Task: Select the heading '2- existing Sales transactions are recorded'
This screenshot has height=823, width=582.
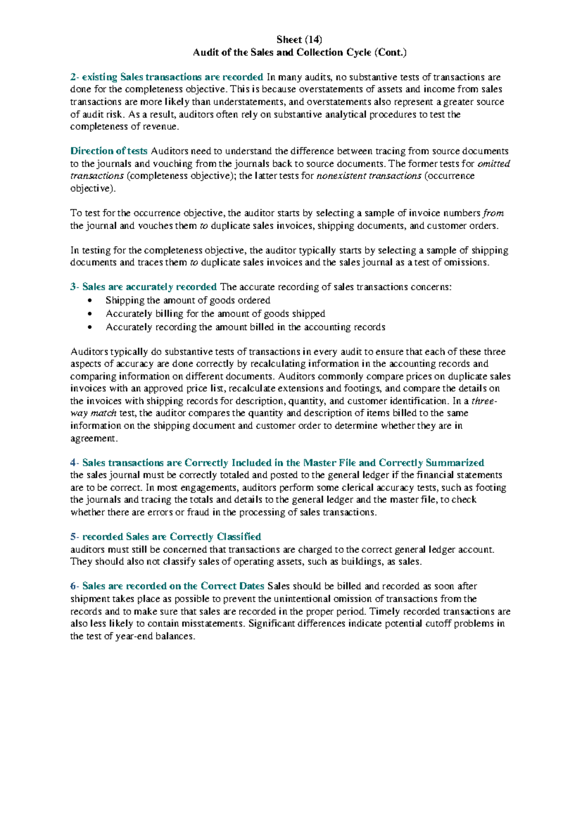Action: pos(166,77)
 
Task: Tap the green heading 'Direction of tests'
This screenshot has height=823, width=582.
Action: pos(109,151)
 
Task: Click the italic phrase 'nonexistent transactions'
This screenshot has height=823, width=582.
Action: pos(369,176)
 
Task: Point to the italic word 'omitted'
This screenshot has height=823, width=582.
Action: pos(494,164)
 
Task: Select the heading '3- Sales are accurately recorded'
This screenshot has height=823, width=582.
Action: pos(143,287)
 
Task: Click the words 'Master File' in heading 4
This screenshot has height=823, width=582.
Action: pos(329,463)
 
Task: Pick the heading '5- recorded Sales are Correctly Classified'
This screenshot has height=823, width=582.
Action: pos(165,537)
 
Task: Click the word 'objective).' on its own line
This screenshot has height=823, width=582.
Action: pos(93,188)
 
